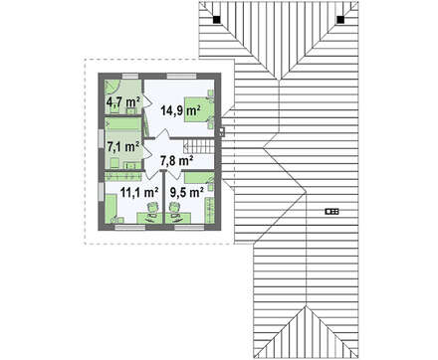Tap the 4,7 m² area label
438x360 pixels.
(x=122, y=101)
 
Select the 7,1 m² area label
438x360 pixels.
(x=122, y=146)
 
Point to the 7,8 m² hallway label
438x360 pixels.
(x=177, y=161)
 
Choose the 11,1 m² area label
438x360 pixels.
(x=138, y=191)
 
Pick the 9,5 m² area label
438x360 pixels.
(x=187, y=191)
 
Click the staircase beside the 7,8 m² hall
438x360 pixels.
(x=198, y=146)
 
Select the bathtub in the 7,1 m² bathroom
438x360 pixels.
(x=123, y=124)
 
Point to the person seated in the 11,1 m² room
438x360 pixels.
(x=152, y=209)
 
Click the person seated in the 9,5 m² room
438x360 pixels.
(x=174, y=209)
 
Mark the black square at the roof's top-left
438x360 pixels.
(x=217, y=20)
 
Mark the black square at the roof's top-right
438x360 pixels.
(x=340, y=20)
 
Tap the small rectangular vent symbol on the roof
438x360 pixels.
(x=331, y=211)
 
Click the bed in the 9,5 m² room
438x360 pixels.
(x=199, y=177)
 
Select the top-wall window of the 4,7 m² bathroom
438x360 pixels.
(x=130, y=77)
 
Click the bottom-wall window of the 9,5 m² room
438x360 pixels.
(x=189, y=227)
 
